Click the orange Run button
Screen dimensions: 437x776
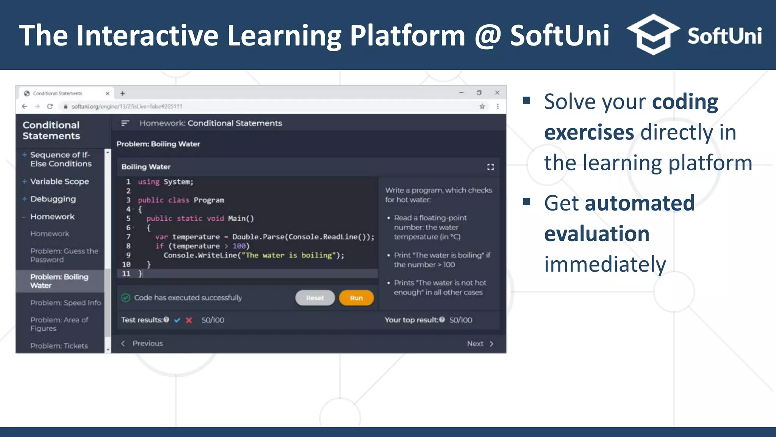pyautogui.click(x=356, y=298)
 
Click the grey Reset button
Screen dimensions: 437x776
pyautogui.click(x=315, y=298)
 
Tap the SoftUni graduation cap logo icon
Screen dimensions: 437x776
pyautogui.click(x=653, y=35)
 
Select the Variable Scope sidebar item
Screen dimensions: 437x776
pyautogui.click(x=59, y=181)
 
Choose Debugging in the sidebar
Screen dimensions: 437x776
pyautogui.click(x=53, y=199)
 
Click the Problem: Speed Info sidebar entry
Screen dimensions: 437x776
pyautogui.click(x=66, y=302)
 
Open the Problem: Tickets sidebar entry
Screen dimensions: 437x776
pyautogui.click(x=59, y=346)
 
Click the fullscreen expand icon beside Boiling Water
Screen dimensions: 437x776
pyautogui.click(x=490, y=167)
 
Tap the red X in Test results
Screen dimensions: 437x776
pyautogui.click(x=189, y=320)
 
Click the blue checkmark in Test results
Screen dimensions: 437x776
pyautogui.click(x=177, y=320)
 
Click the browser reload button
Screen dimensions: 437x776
pyautogui.click(x=50, y=107)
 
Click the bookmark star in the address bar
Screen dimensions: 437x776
pyautogui.click(x=482, y=107)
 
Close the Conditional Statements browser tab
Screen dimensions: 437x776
pyautogui.click(x=107, y=93)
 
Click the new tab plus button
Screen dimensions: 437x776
pyautogui.click(x=122, y=93)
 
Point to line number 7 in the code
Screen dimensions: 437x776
pyautogui.click(x=128, y=237)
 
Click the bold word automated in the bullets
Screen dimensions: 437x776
pyautogui.click(x=640, y=203)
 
